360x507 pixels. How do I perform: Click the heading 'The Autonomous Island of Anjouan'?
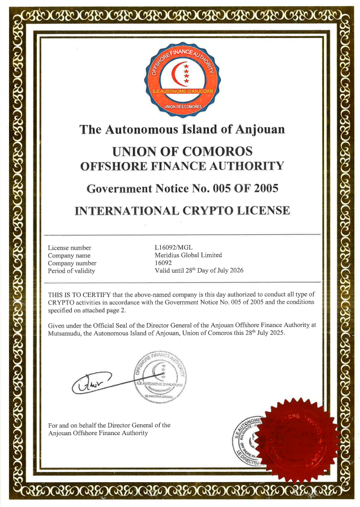[x=182, y=129]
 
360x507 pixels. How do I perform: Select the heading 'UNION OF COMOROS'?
[x=182, y=152]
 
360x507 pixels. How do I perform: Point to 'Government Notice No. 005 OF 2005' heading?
[x=182, y=188]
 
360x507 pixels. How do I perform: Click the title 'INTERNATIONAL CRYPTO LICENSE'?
[x=182, y=211]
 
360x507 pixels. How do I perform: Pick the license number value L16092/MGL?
[x=174, y=248]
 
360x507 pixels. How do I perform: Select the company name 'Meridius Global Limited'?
[x=188, y=255]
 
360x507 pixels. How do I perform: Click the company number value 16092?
[x=163, y=263]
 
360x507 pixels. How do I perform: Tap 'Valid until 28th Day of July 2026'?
[x=199, y=270]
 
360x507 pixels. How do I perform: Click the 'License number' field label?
[x=70, y=248]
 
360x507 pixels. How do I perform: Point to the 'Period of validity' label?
[x=72, y=271]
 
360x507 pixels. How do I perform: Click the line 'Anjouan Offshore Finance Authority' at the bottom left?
[x=98, y=433]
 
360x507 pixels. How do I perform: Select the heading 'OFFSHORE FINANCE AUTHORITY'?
[x=182, y=166]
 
